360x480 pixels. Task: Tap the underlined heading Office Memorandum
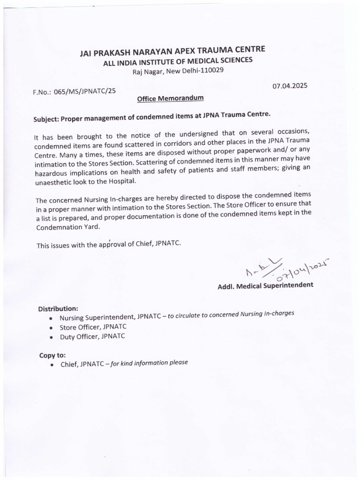170,98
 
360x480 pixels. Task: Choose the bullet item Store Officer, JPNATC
93,327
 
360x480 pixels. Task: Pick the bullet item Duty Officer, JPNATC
92,337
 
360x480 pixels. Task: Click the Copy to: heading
52,355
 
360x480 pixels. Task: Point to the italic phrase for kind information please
149,363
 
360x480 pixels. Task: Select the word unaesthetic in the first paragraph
54,182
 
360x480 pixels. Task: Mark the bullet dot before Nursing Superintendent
51,318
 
